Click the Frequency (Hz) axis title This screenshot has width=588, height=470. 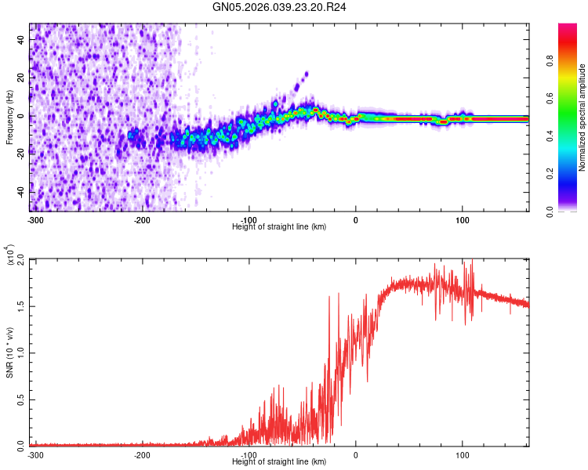tap(9, 117)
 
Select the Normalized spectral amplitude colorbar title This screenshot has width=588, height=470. tap(583, 117)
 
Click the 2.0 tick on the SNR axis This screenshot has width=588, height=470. tap(21, 258)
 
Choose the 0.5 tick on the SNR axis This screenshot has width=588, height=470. tap(21, 398)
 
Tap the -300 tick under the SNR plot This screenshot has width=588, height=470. tap(35, 454)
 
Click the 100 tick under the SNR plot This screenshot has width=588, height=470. tap(462, 454)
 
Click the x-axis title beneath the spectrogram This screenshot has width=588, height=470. tap(279, 227)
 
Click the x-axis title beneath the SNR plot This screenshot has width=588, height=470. tap(279, 461)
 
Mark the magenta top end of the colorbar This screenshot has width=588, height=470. tap(568, 27)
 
